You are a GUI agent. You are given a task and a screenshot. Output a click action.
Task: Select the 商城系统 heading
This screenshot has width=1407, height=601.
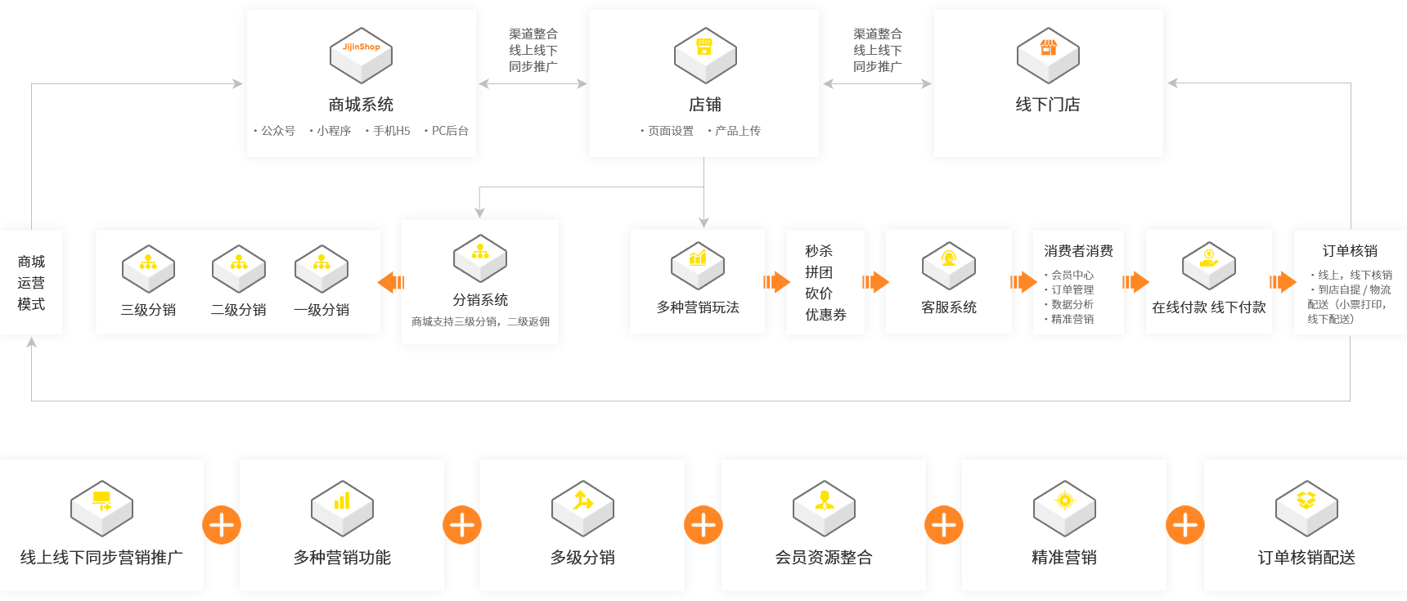point(361,105)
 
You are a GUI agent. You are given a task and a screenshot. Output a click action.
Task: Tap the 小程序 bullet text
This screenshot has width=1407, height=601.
point(333,131)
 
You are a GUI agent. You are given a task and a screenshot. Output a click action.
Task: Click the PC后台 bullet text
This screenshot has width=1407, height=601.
point(449,131)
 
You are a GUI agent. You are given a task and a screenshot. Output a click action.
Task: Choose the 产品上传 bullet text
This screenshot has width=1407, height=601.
point(737,131)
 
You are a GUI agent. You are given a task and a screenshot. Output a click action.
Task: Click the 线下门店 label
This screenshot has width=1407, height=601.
point(1047,105)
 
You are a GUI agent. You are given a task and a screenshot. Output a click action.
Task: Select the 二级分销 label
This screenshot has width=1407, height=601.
point(238,310)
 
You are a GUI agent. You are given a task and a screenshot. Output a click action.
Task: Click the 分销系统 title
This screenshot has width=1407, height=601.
point(480,300)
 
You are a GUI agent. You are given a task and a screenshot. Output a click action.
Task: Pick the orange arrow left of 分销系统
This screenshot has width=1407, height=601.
point(391,282)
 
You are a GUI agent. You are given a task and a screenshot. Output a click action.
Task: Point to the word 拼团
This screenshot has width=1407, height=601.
point(818,272)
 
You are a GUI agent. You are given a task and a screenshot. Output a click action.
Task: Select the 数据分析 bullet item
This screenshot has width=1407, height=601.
point(1072,304)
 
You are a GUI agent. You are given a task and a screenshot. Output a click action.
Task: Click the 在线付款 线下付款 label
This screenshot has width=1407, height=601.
point(1208,307)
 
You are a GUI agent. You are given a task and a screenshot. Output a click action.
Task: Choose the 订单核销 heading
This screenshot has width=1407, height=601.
point(1350,251)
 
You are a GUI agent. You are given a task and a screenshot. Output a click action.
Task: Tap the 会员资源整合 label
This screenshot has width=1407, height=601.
point(824,558)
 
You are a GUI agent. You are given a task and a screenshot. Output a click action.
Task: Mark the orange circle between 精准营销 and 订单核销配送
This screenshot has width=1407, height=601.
point(1184,524)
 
